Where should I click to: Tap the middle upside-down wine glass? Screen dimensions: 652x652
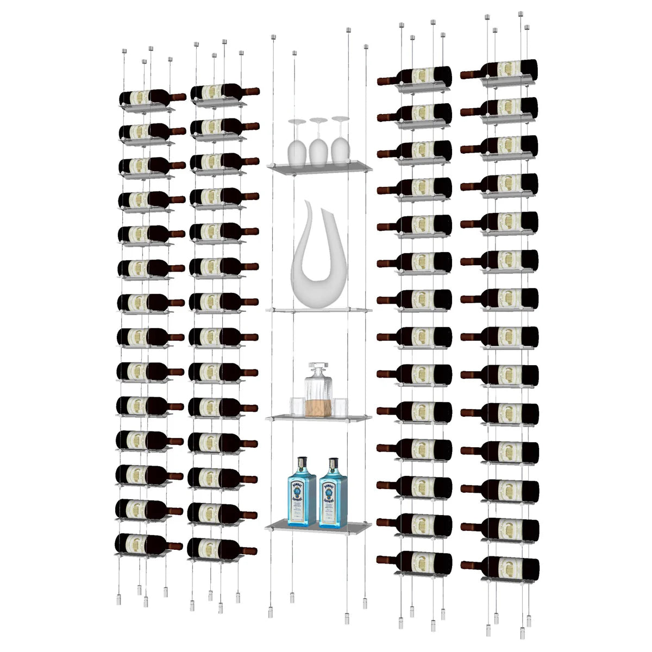[x=318, y=146]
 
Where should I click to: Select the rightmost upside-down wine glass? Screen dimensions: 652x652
[x=340, y=144]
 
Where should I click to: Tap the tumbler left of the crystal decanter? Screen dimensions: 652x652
[x=297, y=406]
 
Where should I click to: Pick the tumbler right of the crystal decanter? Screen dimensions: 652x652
[x=340, y=406]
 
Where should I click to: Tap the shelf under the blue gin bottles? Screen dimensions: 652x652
[x=318, y=526]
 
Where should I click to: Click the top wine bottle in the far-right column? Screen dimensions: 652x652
[x=505, y=69]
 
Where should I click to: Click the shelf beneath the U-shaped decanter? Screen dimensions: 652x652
[x=318, y=310]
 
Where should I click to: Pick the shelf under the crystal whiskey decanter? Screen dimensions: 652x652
[x=318, y=418]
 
